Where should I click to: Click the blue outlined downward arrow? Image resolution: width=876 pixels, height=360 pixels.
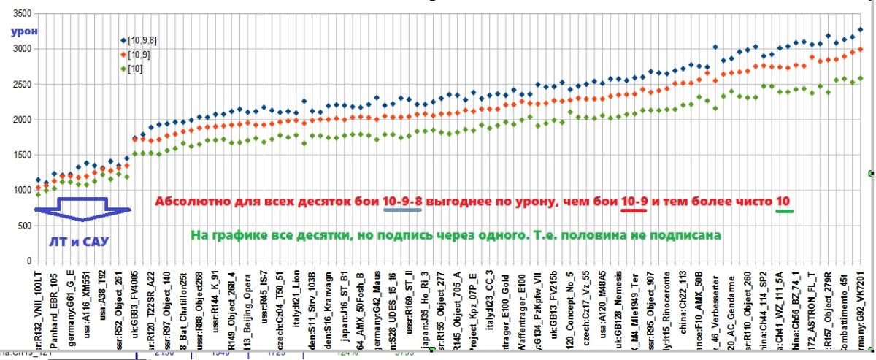pyautogui.click(x=82, y=209)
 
